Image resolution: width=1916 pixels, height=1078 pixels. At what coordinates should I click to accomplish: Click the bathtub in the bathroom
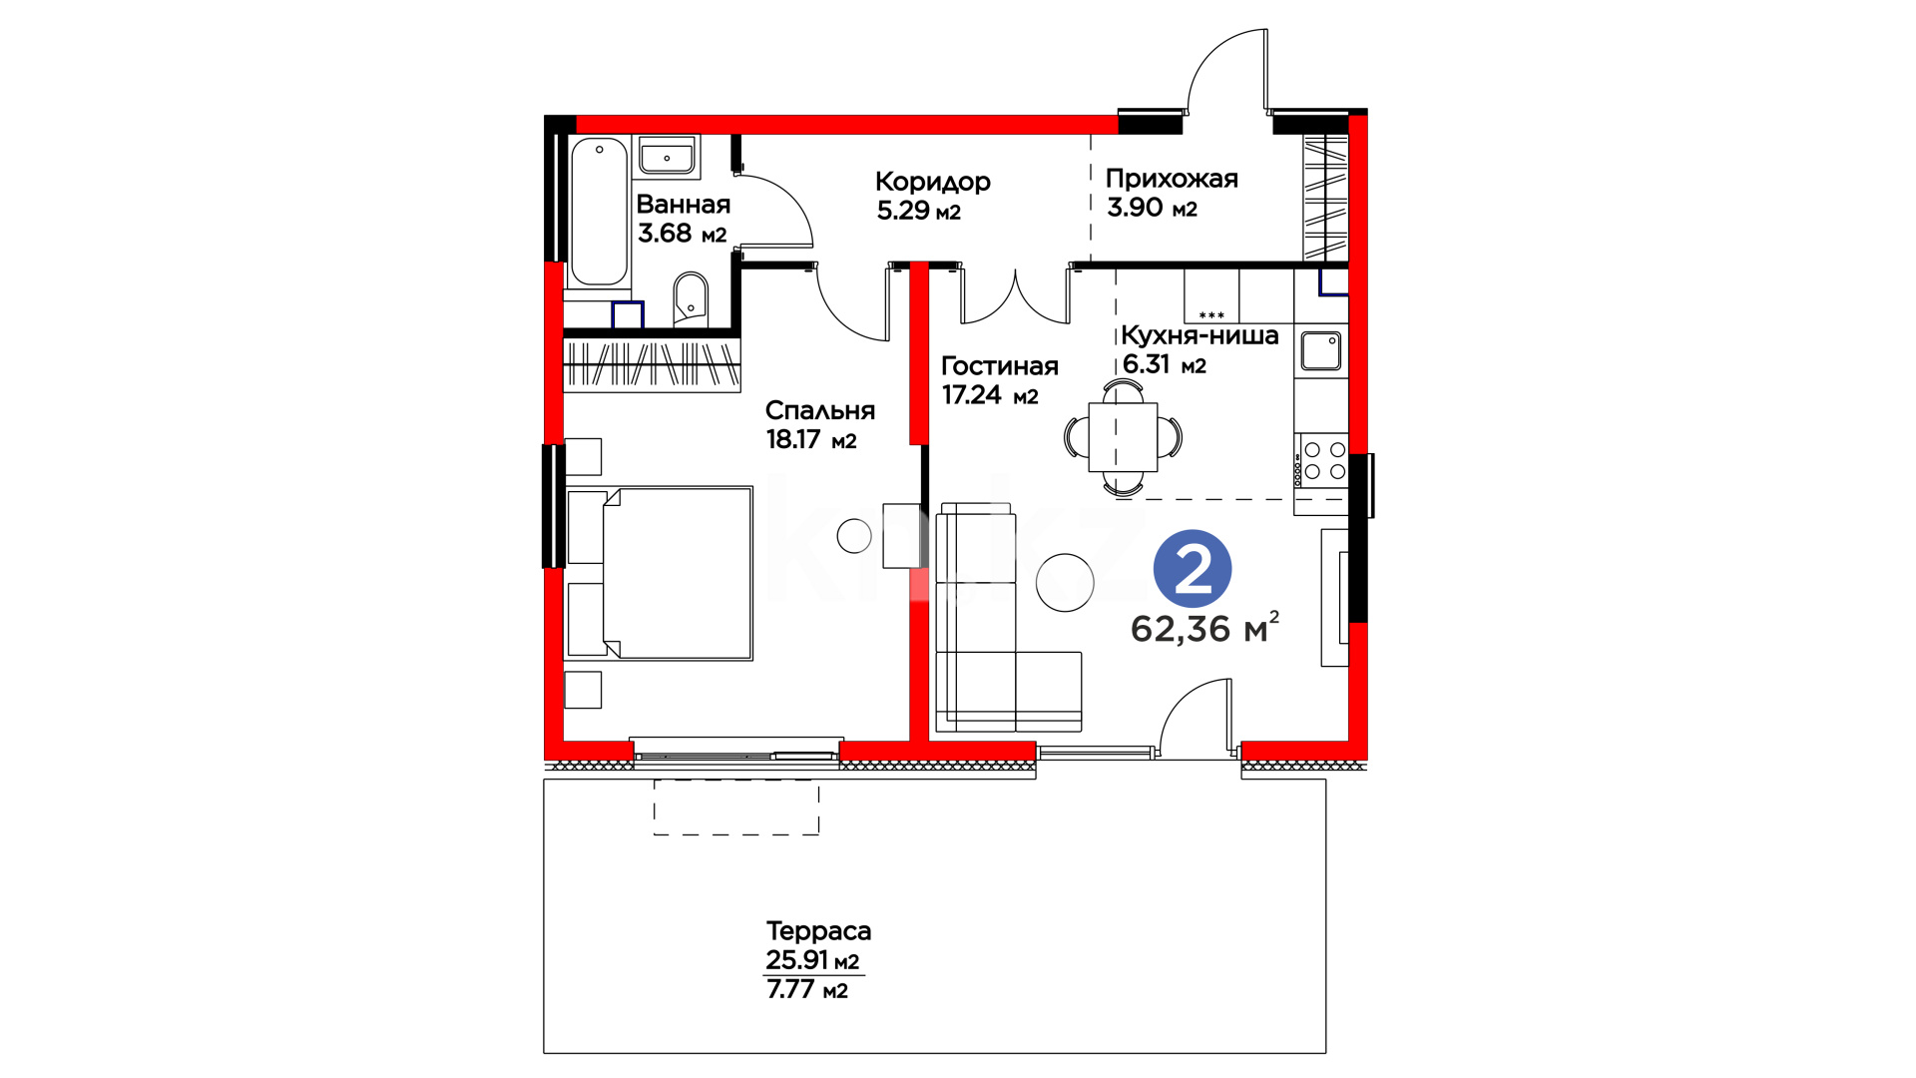(599, 212)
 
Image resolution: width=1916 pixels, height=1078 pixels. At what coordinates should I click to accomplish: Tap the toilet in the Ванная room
(690, 299)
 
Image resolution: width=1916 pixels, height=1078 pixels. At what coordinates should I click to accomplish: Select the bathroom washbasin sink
(667, 157)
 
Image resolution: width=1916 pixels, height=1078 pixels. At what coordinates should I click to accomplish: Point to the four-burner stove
(1324, 461)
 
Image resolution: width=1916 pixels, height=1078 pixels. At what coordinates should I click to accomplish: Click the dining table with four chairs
(1123, 437)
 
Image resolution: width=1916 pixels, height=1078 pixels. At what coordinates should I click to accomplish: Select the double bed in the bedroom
(659, 574)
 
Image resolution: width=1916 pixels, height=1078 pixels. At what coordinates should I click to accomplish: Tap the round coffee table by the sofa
(1066, 582)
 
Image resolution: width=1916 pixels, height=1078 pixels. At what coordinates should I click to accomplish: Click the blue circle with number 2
(1193, 569)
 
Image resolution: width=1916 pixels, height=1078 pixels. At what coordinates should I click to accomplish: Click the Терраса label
(818, 931)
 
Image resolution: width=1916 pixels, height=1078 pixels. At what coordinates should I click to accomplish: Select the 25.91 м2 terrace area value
(812, 960)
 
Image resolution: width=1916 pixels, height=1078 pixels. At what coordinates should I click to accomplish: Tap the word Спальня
(820, 410)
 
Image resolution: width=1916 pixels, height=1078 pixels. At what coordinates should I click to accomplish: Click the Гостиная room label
(1000, 366)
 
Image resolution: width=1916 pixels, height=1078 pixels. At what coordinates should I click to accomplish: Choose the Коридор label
(933, 182)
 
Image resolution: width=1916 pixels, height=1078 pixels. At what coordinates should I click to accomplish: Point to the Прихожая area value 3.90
(1135, 208)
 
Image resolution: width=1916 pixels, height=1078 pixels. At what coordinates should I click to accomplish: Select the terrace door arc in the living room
(1183, 699)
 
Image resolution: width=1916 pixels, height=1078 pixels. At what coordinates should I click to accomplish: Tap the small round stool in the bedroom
(854, 536)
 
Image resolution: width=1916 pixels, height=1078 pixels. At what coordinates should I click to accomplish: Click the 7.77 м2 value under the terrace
(807, 989)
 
